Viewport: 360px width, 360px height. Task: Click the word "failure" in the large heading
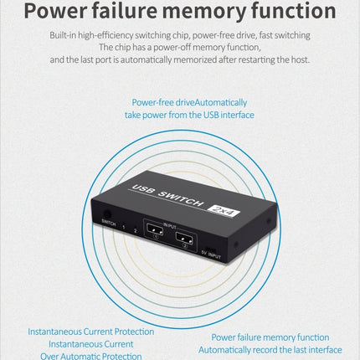pyautogui.click(x=124, y=10)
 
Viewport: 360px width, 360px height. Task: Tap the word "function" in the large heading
pyautogui.click(x=294, y=11)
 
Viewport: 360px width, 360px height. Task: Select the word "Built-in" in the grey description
pyautogui.click(x=63, y=35)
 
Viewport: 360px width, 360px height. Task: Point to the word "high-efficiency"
pyautogui.click(x=105, y=35)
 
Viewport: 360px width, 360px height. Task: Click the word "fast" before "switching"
pyautogui.click(x=265, y=35)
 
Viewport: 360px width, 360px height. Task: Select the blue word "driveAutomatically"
pyautogui.click(x=211, y=102)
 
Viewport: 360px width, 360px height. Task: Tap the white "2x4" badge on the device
pyautogui.click(x=224, y=210)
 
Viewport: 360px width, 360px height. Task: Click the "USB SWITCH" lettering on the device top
pyautogui.click(x=167, y=195)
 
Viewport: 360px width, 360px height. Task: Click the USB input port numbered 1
pyautogui.click(x=155, y=229)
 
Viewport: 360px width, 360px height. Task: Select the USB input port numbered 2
pyautogui.click(x=184, y=238)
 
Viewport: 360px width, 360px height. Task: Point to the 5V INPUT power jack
pyautogui.click(x=211, y=249)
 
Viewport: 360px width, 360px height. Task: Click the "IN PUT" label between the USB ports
pyautogui.click(x=170, y=225)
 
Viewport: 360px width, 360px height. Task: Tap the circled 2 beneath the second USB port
pyautogui.click(x=185, y=246)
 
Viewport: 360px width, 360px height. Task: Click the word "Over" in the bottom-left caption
pyautogui.click(x=49, y=356)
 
